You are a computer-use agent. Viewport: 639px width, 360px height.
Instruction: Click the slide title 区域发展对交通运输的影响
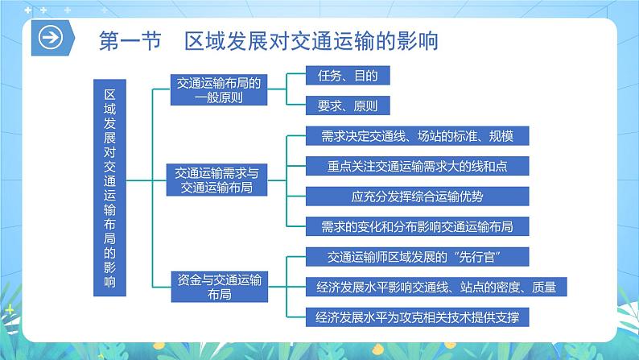click(x=311, y=40)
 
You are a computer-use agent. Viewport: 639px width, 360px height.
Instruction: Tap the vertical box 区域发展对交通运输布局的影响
click(x=110, y=185)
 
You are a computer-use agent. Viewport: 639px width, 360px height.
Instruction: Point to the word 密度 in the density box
click(x=515, y=286)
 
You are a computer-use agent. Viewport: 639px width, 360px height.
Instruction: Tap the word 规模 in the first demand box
click(x=512, y=135)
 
